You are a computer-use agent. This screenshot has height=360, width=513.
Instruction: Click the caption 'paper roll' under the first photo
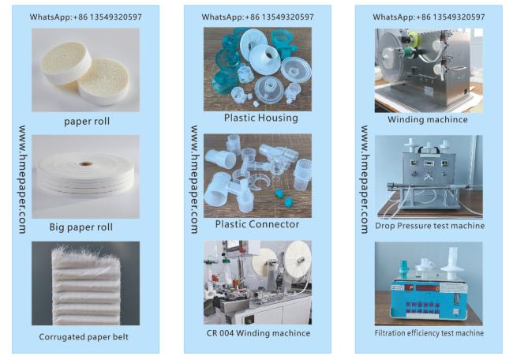tap(87, 122)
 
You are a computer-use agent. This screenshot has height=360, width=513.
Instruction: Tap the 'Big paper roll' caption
tap(81, 227)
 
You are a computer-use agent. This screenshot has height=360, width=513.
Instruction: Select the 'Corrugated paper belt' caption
tap(84, 337)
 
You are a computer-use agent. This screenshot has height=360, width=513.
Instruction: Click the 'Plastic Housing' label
tap(260, 118)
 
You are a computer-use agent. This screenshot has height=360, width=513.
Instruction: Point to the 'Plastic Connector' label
tap(257, 224)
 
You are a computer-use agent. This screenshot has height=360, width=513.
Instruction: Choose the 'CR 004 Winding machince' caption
tap(258, 333)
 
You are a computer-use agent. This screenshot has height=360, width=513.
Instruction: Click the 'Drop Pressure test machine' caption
tap(429, 226)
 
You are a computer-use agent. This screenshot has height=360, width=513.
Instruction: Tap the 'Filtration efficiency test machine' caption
tap(429, 333)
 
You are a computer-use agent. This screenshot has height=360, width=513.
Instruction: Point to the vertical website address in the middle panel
tap(194, 179)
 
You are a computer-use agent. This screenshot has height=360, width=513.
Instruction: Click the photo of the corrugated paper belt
tap(85, 283)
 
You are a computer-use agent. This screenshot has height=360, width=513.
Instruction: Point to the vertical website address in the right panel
tap(365, 179)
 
